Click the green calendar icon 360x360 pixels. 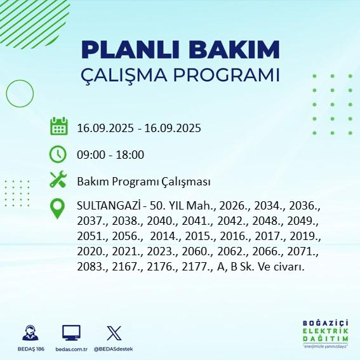tap(58, 127)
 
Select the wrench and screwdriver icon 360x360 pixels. tap(58, 181)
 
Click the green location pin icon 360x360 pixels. tap(58, 209)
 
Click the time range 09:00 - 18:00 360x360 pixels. tap(110, 155)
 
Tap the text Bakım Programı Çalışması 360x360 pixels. tap(143, 182)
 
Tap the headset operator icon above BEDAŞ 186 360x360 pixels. tap(28, 332)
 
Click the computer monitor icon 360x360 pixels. tap(70, 332)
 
